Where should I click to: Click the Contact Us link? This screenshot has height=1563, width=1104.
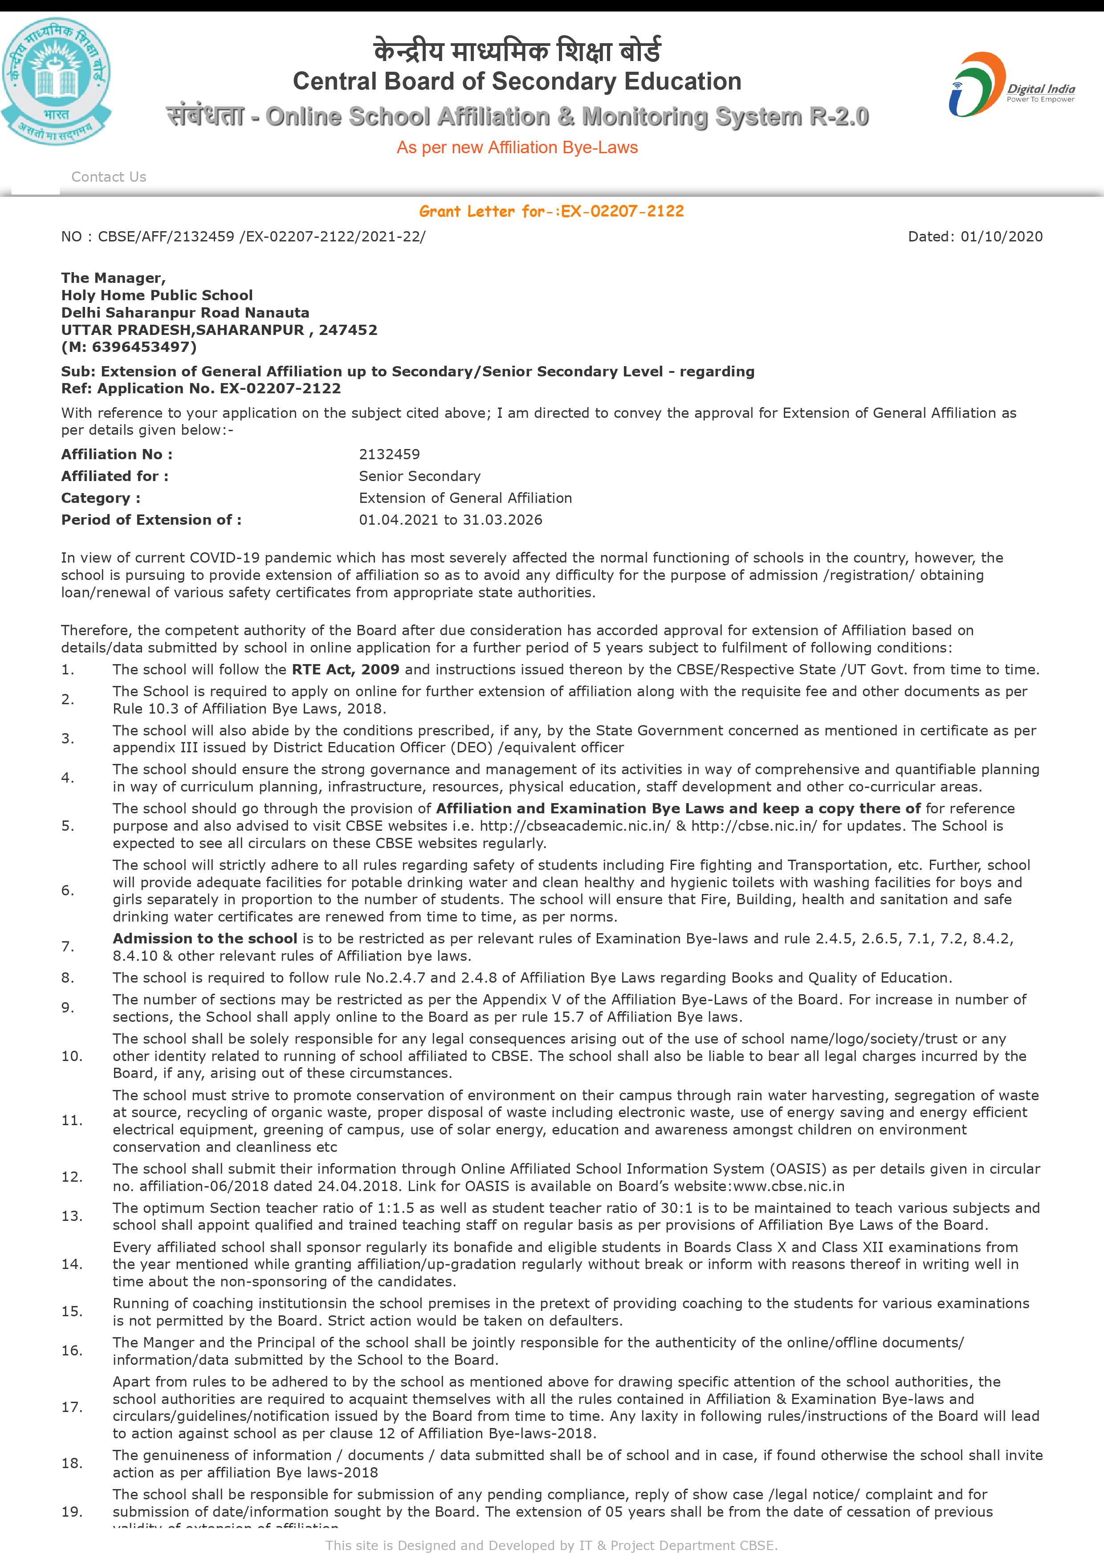[109, 177]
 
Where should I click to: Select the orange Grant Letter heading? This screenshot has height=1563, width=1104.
[551, 212]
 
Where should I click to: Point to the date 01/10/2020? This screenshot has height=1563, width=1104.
[1001, 237]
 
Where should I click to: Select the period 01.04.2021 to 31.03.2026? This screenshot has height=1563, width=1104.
[451, 520]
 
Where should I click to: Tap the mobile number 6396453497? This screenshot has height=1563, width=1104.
[143, 347]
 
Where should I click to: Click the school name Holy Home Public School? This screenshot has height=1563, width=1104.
[157, 295]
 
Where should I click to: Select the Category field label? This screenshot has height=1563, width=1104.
[101, 498]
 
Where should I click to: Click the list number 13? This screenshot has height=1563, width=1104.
[71, 1216]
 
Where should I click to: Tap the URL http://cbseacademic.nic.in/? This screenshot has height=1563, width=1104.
[575, 826]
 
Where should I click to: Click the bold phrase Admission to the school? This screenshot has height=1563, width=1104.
[205, 939]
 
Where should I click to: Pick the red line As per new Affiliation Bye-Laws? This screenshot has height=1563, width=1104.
[517, 148]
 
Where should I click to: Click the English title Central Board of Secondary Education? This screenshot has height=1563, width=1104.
[517, 82]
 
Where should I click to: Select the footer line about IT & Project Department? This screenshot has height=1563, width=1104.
[551, 1545]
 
